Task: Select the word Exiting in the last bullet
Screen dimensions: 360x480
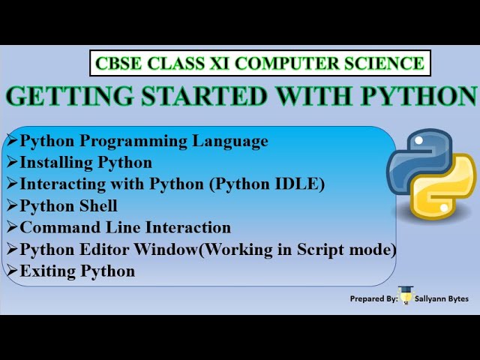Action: [49, 271]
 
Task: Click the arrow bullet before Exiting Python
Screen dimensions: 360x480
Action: [11, 271]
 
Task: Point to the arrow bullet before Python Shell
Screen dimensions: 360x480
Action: [11, 205]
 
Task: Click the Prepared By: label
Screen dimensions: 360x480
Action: [373, 298]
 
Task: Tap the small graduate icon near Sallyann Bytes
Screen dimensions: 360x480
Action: [405, 296]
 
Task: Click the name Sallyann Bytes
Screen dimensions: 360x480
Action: [442, 298]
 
